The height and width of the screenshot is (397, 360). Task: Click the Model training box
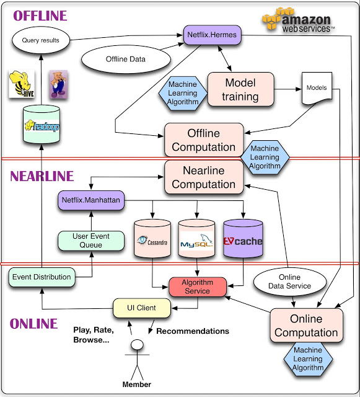coord(240,90)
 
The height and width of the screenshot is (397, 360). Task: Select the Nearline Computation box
coord(203,177)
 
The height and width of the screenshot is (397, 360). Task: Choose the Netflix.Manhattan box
coord(90,201)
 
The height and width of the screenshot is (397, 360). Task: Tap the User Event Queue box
coord(87,241)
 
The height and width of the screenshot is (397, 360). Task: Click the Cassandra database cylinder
coord(152,240)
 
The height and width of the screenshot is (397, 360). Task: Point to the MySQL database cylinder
coord(196,240)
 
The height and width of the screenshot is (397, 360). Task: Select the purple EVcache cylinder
coord(243,240)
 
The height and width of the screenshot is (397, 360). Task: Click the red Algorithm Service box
coord(197,287)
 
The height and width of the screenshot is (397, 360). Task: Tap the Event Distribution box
coord(41,277)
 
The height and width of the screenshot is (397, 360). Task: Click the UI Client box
coord(142,307)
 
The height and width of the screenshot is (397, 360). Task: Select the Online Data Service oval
coord(291,281)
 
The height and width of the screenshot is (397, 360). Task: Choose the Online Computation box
coord(306,326)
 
